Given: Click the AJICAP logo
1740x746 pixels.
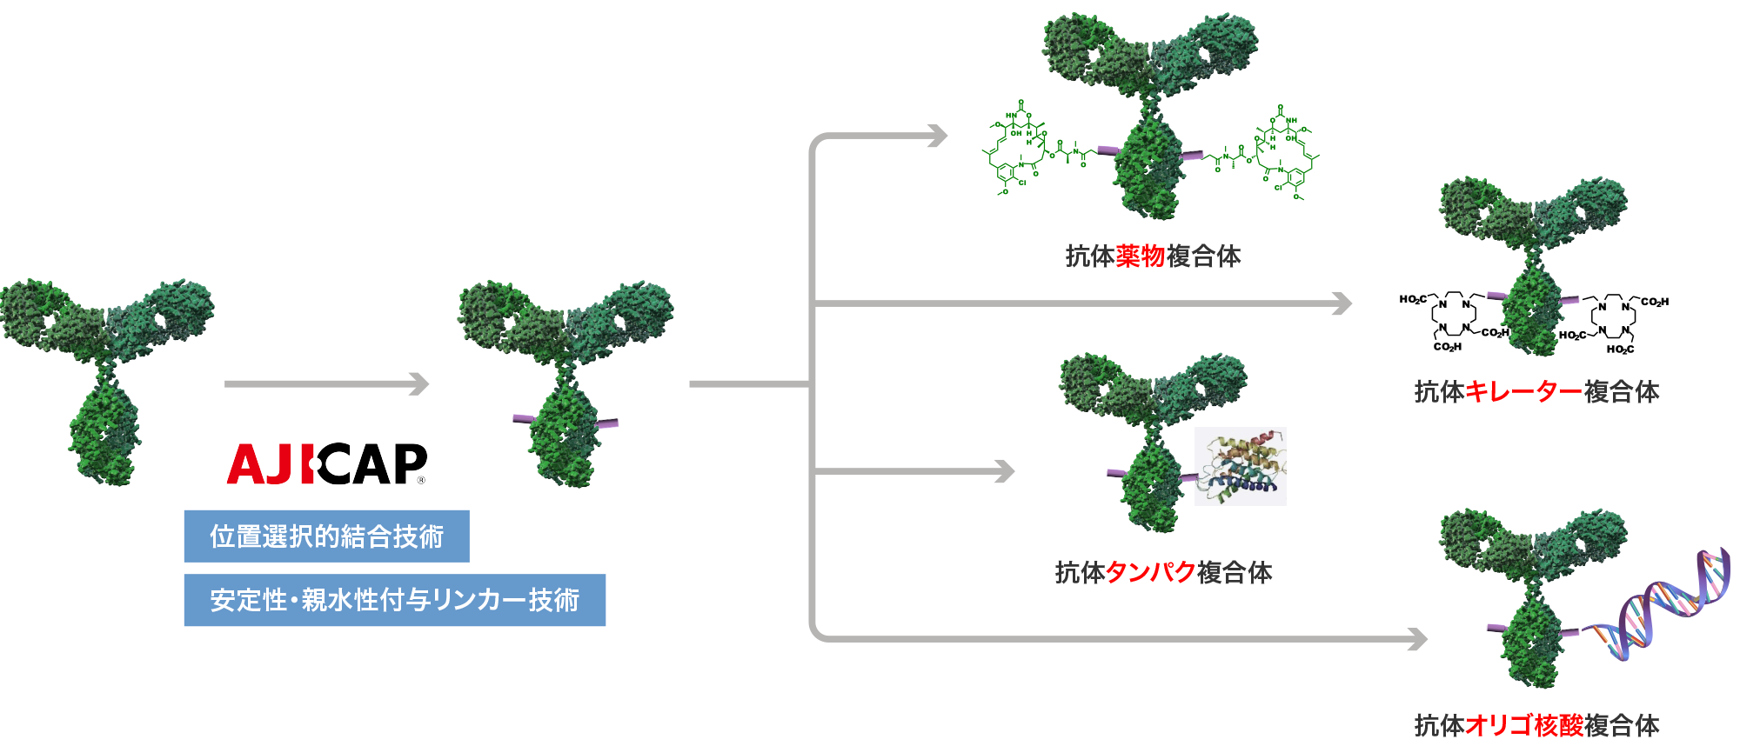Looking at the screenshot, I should [327, 464].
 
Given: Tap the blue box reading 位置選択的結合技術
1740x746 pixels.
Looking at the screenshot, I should [326, 536].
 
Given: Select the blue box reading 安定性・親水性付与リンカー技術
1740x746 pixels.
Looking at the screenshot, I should [394, 600].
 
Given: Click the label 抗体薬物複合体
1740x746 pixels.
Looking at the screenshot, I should [1153, 256].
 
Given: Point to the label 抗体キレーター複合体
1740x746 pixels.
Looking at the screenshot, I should [1536, 391].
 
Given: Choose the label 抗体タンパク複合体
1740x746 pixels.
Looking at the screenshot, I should [1163, 572].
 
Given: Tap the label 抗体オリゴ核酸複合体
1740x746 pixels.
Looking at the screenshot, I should [1536, 724].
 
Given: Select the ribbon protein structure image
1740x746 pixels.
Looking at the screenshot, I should [1240, 467].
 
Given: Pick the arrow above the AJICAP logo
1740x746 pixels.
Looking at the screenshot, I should [326, 383].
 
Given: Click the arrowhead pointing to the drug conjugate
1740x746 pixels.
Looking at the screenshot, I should [938, 136].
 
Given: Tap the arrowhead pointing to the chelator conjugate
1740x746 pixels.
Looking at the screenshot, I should [1342, 303].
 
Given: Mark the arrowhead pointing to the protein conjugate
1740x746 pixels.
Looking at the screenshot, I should [1005, 471].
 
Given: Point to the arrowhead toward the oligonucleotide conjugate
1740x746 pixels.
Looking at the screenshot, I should [1418, 639].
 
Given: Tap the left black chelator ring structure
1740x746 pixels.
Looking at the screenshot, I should [1451, 318].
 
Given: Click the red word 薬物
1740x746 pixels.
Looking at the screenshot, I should [1140, 256].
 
